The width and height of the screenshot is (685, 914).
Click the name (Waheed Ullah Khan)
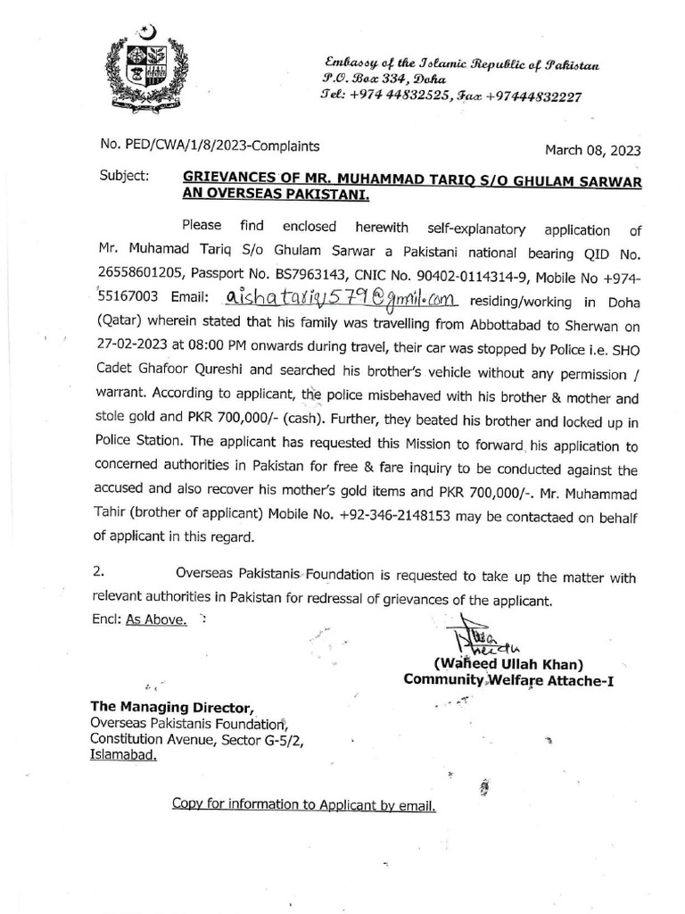(508, 664)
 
